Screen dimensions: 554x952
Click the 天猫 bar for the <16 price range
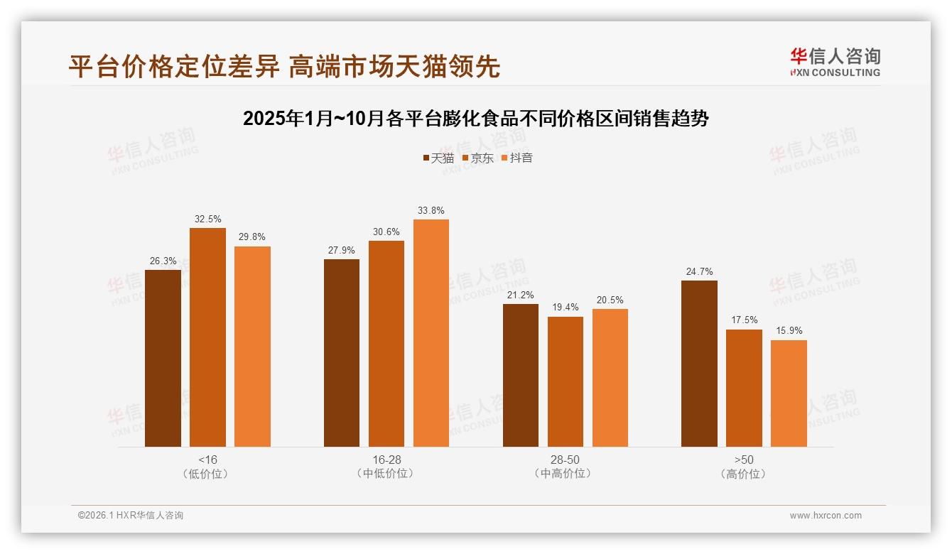163,358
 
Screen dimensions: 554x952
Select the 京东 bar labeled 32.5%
207,337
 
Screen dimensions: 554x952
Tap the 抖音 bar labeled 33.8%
431,333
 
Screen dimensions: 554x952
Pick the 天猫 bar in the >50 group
699,364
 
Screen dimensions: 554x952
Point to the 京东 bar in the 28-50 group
566,381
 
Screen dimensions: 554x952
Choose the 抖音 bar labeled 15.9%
789,393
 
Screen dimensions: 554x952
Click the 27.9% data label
342,250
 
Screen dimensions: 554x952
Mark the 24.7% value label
699,271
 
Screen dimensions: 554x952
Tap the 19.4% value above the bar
566,308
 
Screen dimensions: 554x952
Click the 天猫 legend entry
438,158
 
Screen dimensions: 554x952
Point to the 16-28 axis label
386,460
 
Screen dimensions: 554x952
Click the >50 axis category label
744,460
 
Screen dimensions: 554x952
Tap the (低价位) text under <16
208,474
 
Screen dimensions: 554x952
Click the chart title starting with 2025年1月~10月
475,119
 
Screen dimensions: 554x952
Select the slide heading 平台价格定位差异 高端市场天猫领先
284,66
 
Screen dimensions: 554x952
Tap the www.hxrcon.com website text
826,516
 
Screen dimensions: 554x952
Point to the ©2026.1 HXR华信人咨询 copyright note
131,516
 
